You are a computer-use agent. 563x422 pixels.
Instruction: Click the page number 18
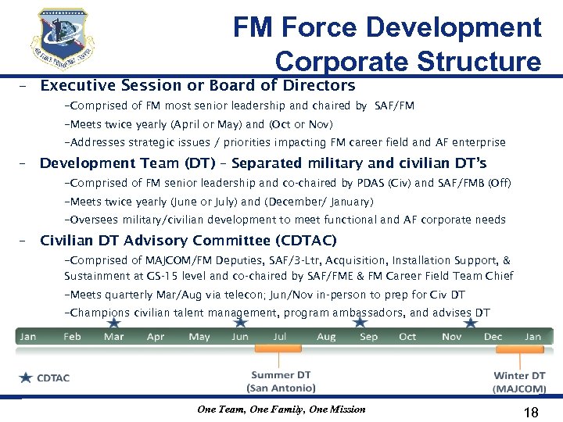530,411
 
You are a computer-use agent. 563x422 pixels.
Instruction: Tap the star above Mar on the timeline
114,321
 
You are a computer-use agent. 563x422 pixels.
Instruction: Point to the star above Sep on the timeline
360,321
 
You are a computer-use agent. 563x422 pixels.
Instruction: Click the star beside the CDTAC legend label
26,377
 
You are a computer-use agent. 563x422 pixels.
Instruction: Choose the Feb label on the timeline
72,337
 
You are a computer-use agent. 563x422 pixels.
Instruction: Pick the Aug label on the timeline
326,337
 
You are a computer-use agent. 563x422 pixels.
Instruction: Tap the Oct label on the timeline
407,337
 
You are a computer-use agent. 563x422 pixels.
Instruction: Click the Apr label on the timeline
156,337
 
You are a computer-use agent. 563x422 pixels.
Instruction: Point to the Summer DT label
281,375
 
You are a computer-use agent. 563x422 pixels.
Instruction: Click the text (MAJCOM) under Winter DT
519,388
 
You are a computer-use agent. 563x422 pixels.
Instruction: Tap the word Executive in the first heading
75,86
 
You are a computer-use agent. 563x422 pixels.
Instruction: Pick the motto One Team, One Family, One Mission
281,409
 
